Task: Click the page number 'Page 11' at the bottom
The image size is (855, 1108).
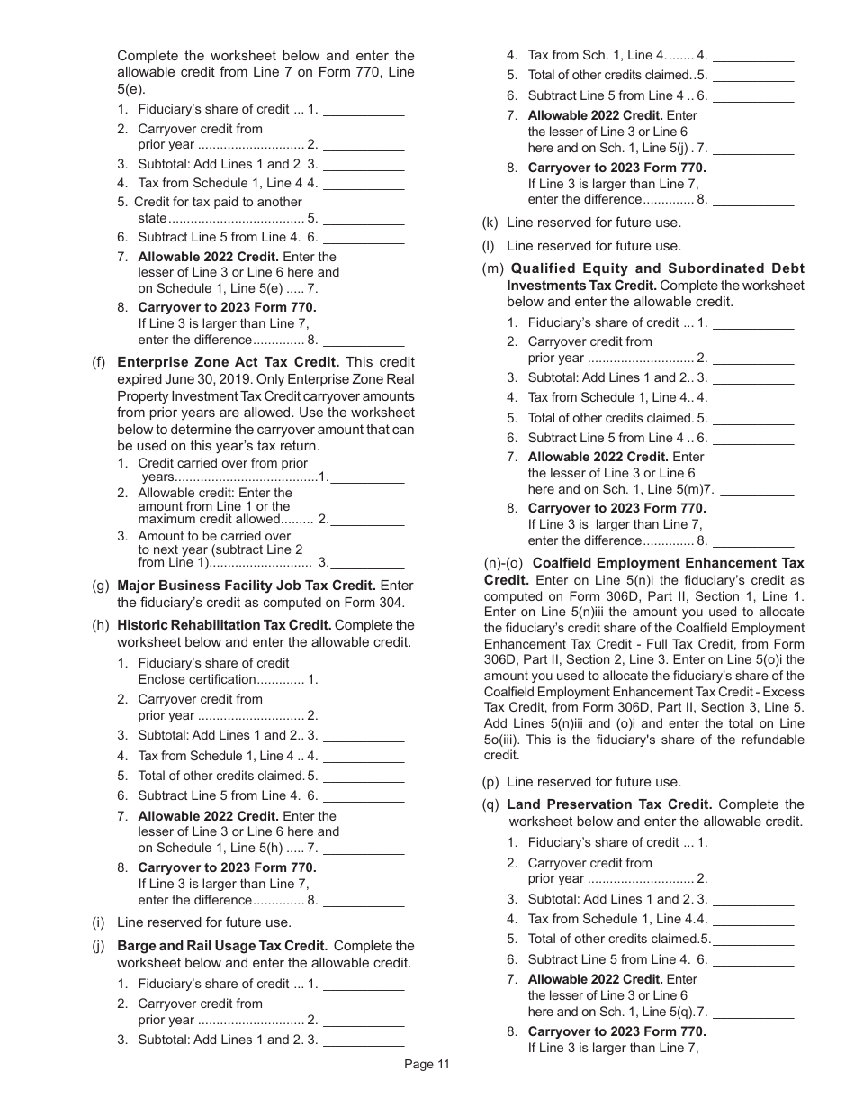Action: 427,1064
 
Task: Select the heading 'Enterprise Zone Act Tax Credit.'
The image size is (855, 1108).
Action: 229,362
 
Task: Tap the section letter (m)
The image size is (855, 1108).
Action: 492,268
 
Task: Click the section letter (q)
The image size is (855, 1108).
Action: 491,804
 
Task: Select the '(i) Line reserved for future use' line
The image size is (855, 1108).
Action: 204,922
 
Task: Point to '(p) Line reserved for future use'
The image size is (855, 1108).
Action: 594,782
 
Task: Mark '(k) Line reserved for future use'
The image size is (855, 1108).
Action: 594,223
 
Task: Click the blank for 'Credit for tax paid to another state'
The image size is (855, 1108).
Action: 364,219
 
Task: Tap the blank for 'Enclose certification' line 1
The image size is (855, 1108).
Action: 364,680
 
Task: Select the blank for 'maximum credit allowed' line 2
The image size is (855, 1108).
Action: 367,520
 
